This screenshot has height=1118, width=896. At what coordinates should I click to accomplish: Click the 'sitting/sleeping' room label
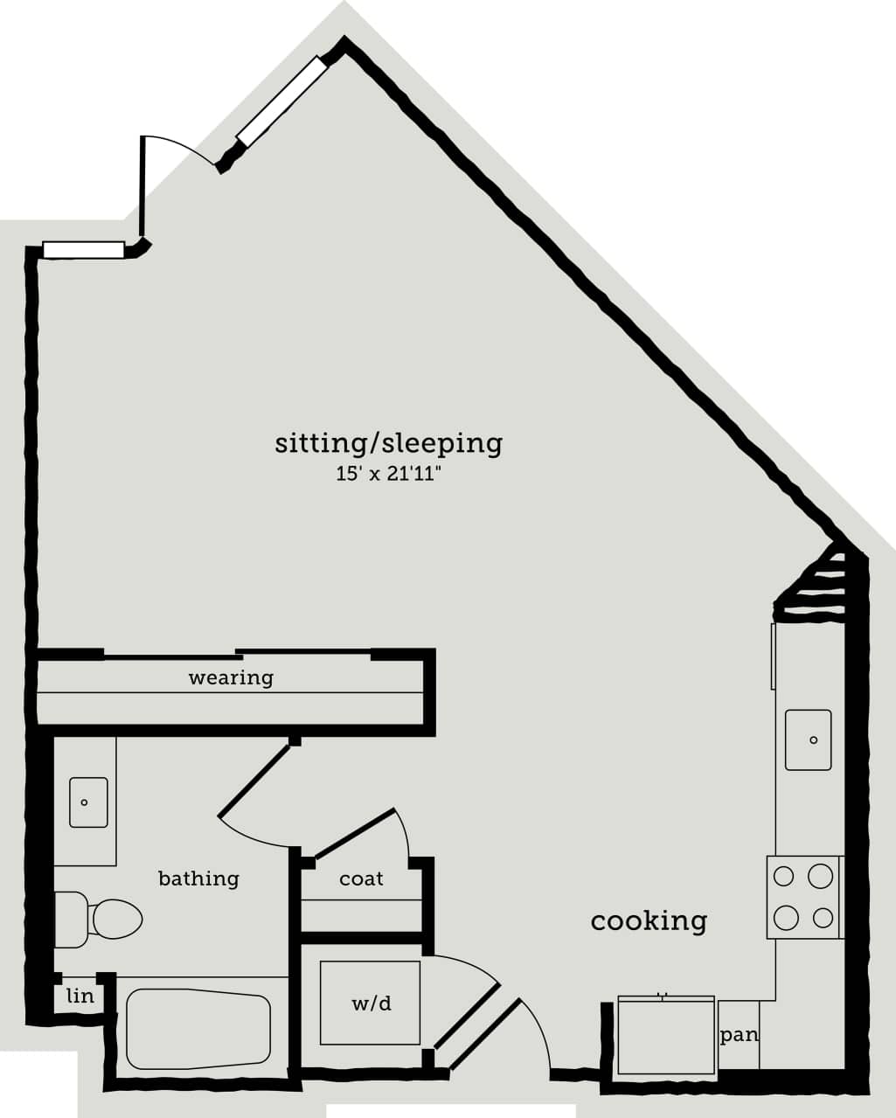pos(389,443)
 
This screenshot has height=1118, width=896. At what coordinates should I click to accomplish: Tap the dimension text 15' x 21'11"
pos(388,475)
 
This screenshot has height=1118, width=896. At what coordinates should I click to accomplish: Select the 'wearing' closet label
pos(231,677)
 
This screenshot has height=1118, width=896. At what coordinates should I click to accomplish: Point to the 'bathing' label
pos(198,878)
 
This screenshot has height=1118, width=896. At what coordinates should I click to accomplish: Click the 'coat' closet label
pos(361,878)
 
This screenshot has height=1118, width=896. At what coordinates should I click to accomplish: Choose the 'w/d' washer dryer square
pos(370,1003)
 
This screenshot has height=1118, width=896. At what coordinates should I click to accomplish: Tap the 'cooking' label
pos(649,920)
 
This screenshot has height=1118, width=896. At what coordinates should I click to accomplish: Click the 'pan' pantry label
pos(739,1035)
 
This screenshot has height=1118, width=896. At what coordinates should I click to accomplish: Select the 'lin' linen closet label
pos(80,996)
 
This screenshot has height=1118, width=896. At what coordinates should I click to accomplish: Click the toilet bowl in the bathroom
pos(115,920)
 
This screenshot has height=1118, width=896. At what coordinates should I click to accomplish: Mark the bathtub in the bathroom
pos(198,1029)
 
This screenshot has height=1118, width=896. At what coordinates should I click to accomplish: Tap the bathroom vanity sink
pos(88,802)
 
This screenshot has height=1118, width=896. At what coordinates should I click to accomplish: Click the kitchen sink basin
pos(808,740)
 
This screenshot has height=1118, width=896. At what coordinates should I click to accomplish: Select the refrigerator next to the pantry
pos(666,1036)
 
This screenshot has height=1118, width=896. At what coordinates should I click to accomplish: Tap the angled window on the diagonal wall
pos(281,101)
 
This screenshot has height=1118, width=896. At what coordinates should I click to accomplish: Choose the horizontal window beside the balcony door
pos(84,250)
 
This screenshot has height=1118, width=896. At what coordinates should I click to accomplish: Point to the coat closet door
pos(355,834)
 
